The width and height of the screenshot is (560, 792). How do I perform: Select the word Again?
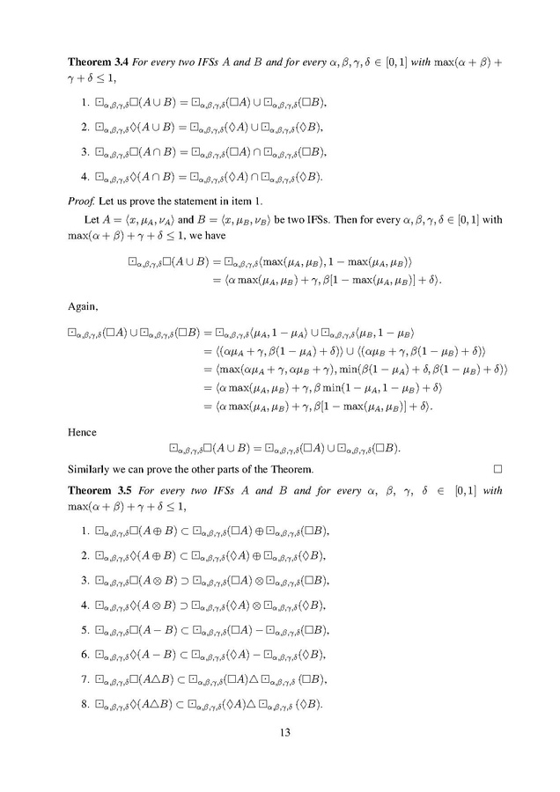(85, 308)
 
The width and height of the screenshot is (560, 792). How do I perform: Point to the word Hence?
(85, 433)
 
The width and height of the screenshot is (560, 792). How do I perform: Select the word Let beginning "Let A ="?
(91, 217)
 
